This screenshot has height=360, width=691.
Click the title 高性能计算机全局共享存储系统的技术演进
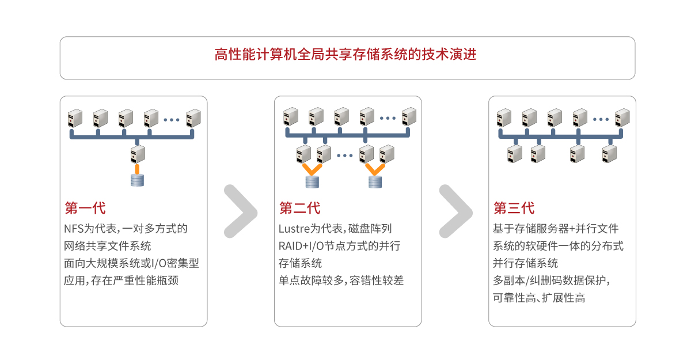(x=345, y=55)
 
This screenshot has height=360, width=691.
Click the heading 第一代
(x=85, y=208)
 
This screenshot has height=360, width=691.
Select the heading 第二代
(x=299, y=208)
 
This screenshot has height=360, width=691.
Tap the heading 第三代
(x=514, y=208)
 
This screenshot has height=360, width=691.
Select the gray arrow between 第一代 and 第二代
(x=240, y=211)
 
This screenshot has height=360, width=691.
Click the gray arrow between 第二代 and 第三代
(x=455, y=211)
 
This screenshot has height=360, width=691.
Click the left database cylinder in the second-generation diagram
(x=312, y=182)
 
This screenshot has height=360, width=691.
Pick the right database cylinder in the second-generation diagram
(x=375, y=182)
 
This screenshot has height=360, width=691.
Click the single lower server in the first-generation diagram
(x=138, y=154)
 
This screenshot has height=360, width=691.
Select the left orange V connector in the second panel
(x=312, y=169)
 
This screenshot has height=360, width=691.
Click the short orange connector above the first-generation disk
(x=138, y=168)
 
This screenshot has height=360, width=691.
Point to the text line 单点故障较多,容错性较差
(x=341, y=281)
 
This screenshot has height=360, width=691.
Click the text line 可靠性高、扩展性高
(x=539, y=298)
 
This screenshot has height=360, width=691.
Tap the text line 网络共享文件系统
(x=108, y=246)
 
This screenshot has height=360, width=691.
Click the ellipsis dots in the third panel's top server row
(x=601, y=119)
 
